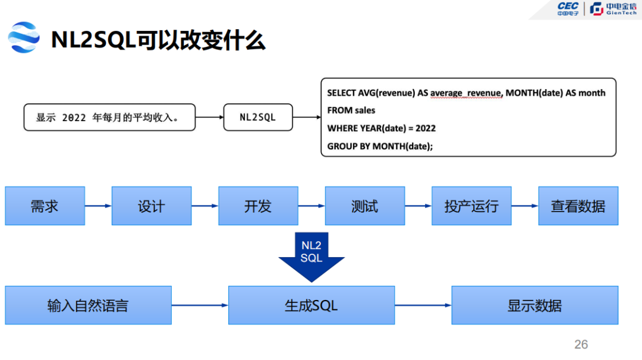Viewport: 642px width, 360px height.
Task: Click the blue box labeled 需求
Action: (x=45, y=206)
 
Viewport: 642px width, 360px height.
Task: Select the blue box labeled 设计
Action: (x=152, y=206)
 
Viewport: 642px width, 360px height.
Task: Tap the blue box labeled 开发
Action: (x=259, y=206)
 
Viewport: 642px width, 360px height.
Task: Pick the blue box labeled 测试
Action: (x=365, y=206)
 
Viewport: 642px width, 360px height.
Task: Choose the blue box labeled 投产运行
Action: (x=471, y=206)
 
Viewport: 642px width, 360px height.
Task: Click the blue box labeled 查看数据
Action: (x=578, y=206)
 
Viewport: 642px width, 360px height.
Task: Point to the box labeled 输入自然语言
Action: (x=89, y=305)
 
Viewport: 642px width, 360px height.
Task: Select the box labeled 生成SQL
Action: (x=311, y=305)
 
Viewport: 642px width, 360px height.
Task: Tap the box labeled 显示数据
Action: (x=535, y=305)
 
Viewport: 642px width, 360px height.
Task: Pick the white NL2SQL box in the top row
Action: (x=258, y=118)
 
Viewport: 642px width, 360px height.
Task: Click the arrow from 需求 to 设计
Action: (x=98, y=206)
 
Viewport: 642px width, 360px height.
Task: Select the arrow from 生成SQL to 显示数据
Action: (x=423, y=305)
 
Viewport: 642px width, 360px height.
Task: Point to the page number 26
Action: (x=581, y=345)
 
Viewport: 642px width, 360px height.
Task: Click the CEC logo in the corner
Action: (x=568, y=8)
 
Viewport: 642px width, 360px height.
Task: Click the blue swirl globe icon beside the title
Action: (x=24, y=37)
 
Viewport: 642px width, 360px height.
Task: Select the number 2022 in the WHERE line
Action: (x=426, y=128)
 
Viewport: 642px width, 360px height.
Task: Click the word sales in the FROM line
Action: (x=365, y=110)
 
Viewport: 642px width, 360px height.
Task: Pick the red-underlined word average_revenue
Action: (x=466, y=93)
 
